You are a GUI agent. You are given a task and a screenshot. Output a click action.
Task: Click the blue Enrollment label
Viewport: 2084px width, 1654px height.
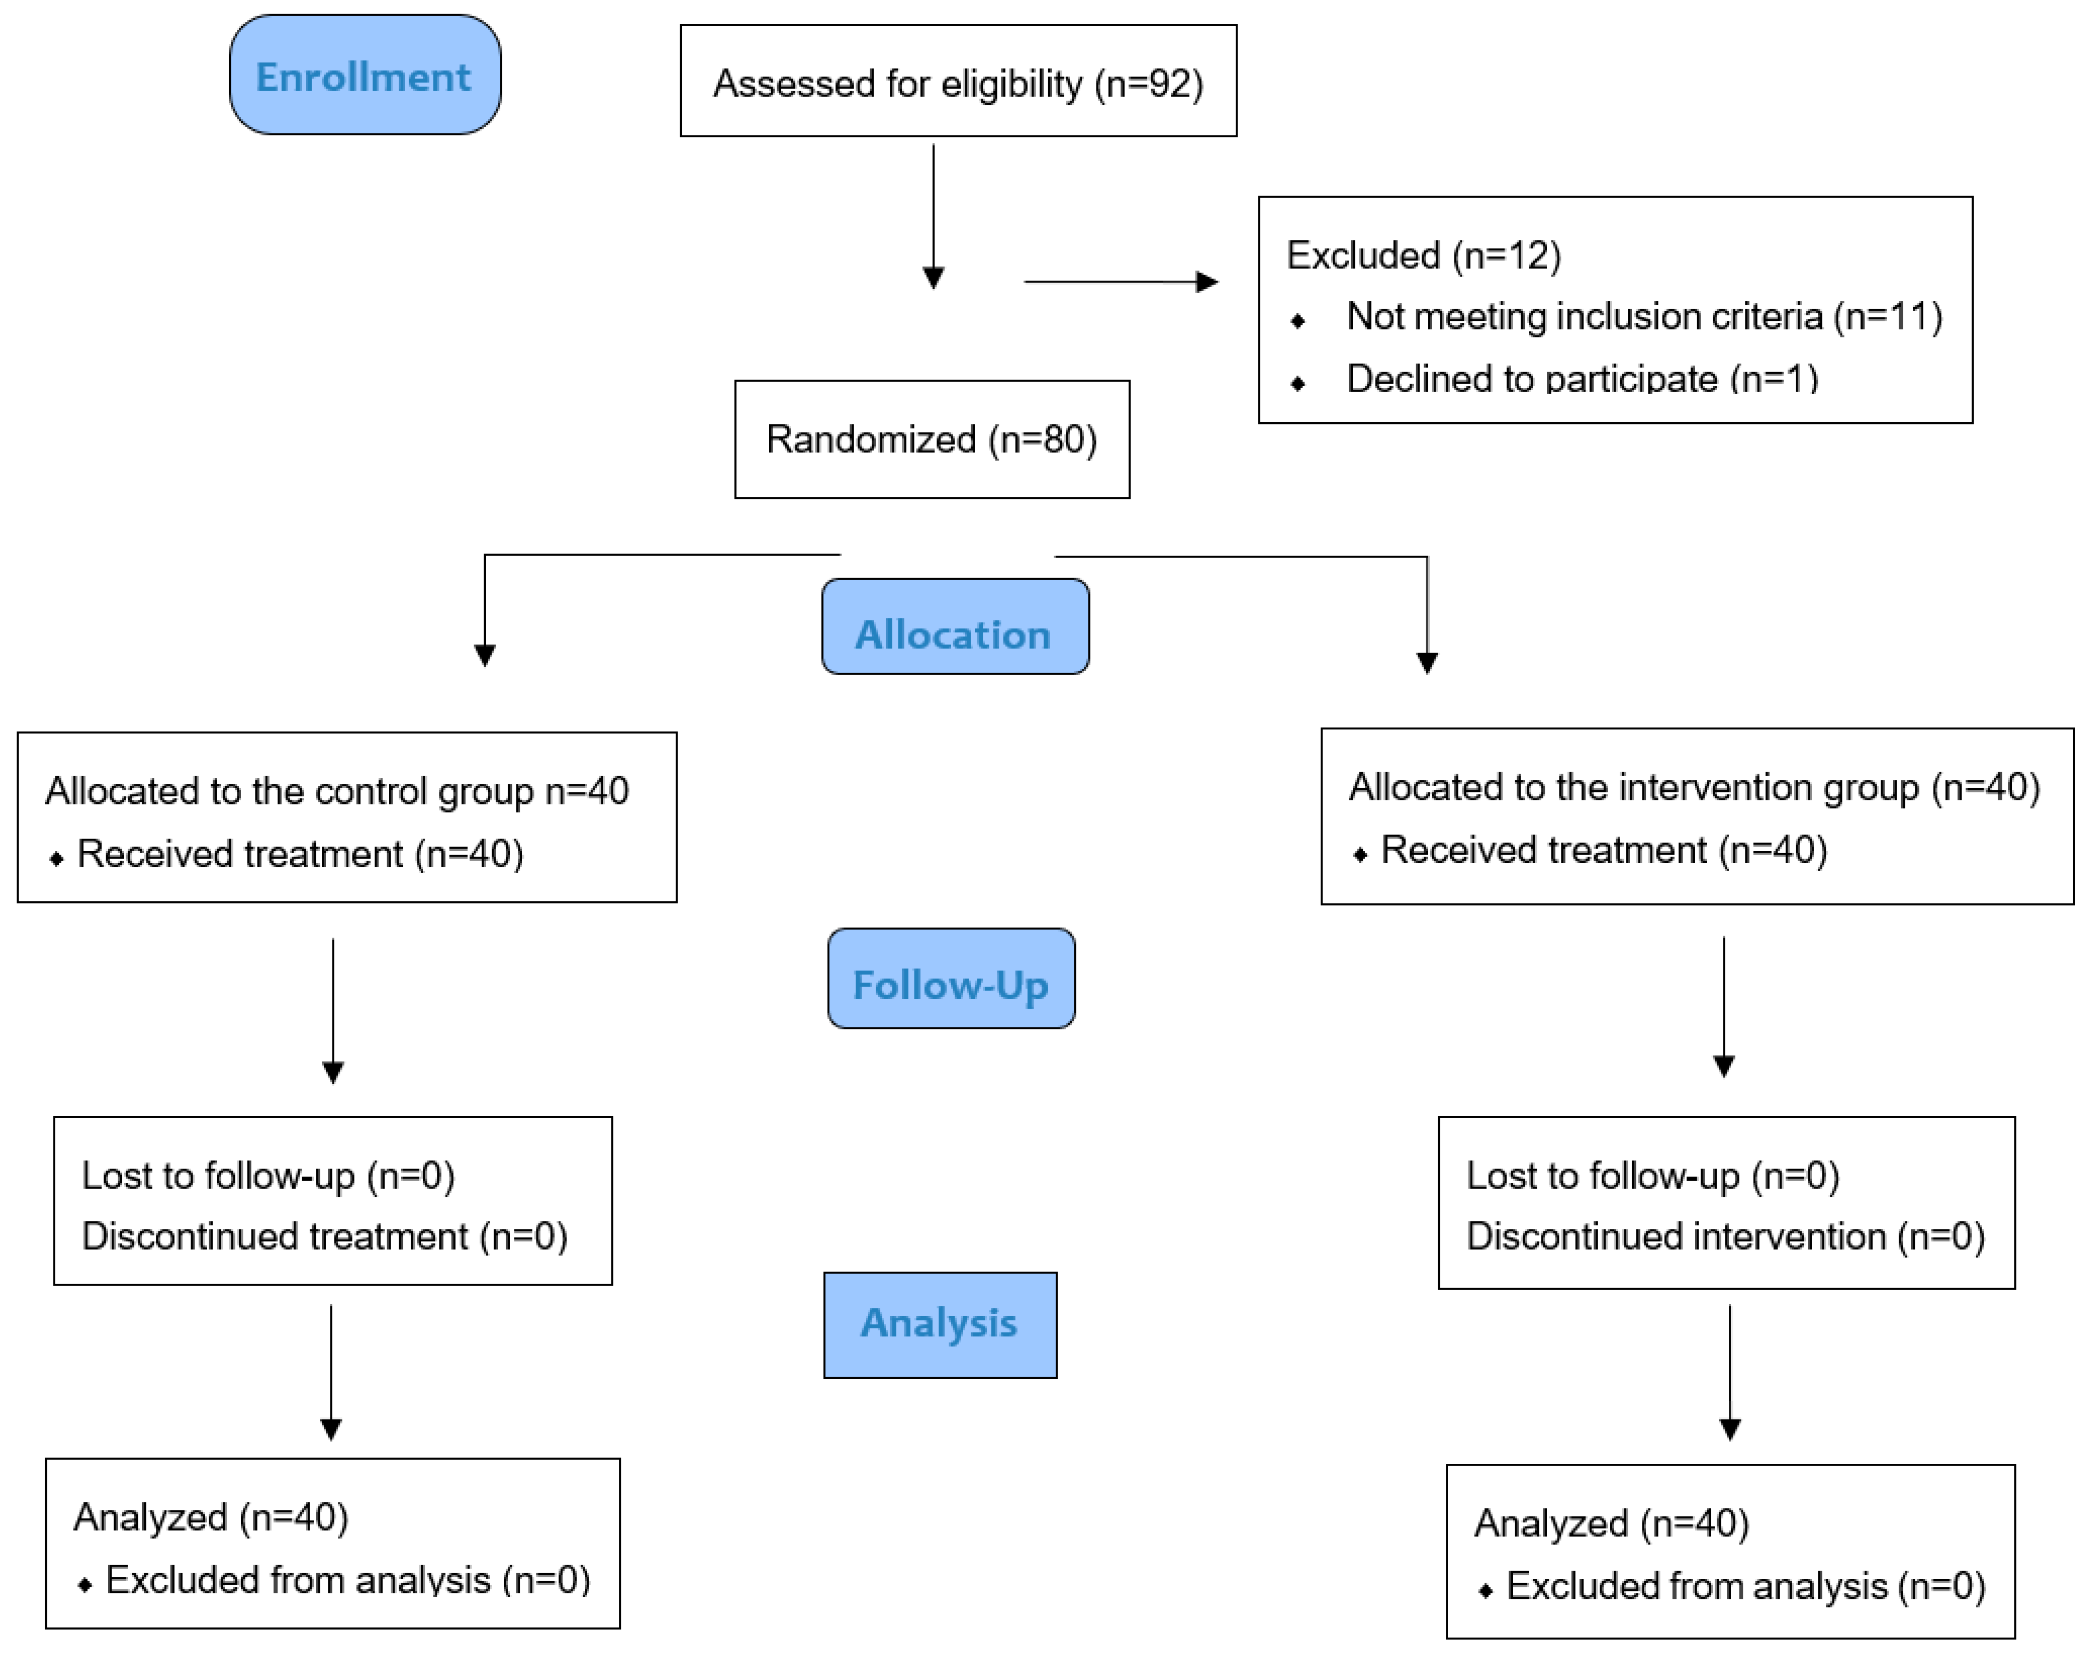pyautogui.click(x=364, y=75)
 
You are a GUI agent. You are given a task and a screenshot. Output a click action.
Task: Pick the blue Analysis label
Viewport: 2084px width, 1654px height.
pyautogui.click(x=940, y=1323)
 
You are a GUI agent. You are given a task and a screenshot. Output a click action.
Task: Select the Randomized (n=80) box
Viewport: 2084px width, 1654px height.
pyautogui.click(x=932, y=439)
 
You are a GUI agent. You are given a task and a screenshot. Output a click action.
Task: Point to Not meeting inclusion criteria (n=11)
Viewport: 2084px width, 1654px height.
pyautogui.click(x=1643, y=316)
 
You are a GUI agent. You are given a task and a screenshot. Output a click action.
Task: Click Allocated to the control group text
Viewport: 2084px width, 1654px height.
pyautogui.click(x=336, y=791)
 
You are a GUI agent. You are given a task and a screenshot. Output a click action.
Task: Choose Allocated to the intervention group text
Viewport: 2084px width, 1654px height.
pyautogui.click(x=1693, y=787)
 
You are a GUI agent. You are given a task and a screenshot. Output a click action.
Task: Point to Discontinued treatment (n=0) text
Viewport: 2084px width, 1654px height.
pyautogui.click(x=324, y=1237)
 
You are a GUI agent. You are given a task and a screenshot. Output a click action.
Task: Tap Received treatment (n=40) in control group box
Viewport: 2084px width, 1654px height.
pyautogui.click(x=299, y=854)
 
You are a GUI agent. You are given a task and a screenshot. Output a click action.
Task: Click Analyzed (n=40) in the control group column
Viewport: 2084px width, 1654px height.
pyautogui.click(x=211, y=1517)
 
